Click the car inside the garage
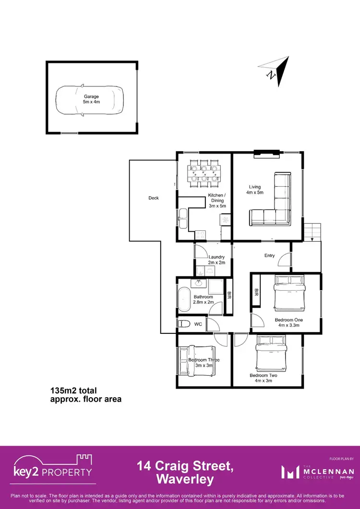[89, 101]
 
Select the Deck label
[153, 198]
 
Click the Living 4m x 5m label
[254, 190]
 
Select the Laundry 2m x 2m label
[216, 260]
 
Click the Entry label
[269, 256]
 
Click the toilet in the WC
[184, 325]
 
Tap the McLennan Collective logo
[321, 473]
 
